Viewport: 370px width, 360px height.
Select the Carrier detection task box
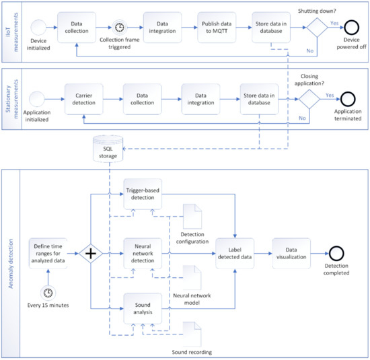coord(85,101)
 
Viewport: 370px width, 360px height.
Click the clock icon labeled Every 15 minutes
coord(48,294)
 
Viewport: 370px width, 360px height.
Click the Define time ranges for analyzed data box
coord(48,254)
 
